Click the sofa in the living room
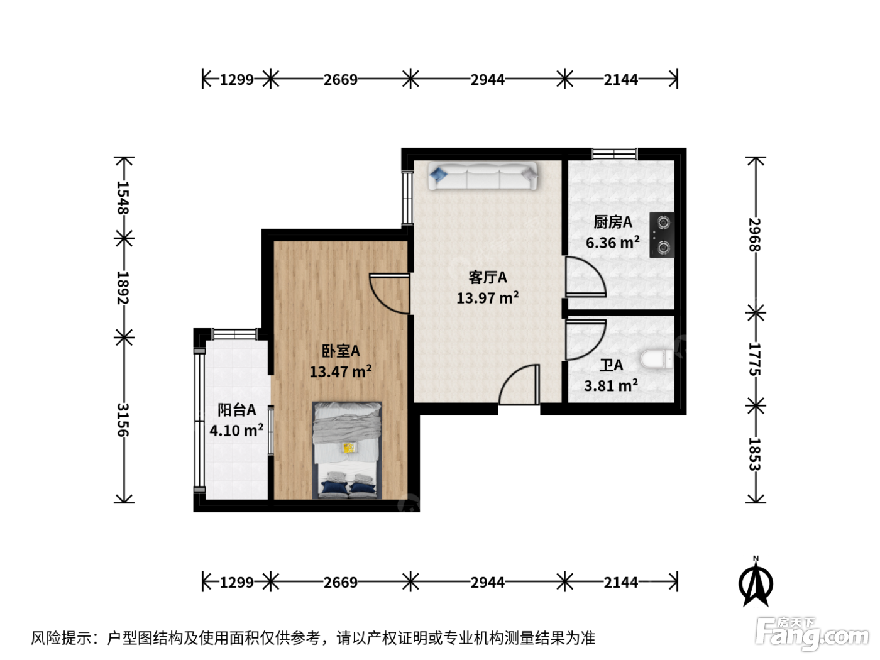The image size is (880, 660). [482, 175]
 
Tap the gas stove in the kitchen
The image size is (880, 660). [661, 234]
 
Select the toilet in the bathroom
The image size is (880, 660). [657, 359]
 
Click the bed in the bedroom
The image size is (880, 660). [347, 450]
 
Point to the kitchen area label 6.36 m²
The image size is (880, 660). [612, 243]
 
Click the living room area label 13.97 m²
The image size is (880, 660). [488, 298]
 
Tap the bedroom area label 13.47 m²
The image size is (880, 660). [341, 371]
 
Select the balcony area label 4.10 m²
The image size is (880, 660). [236, 430]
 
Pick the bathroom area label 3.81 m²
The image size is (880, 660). [611, 385]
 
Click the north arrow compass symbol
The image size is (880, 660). [756, 582]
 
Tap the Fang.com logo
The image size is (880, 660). [812, 634]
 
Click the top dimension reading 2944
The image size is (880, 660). [488, 80]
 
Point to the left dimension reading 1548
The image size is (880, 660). [123, 197]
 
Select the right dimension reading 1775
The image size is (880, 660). [755, 359]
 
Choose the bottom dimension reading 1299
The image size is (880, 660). [236, 582]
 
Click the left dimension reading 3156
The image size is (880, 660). [123, 419]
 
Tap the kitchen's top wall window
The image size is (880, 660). [615, 154]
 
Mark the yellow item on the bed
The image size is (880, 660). [349, 447]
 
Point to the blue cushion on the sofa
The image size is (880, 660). [438, 174]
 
